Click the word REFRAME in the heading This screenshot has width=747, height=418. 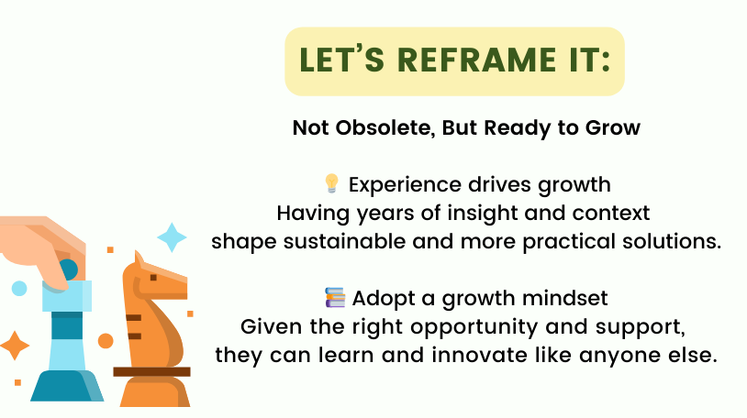tap(476, 60)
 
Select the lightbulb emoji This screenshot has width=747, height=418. tap(331, 183)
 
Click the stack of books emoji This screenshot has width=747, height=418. tap(335, 298)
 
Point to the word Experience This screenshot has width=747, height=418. tap(405, 185)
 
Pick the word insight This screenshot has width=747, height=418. tap(482, 213)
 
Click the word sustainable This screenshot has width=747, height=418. tap(344, 241)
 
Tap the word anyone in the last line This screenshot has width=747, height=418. tap(612, 356)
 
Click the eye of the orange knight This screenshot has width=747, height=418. tap(153, 277)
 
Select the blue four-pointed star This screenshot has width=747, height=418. tap(172, 237)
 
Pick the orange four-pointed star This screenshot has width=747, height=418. tap(15, 346)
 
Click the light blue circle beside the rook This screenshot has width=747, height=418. tap(19, 289)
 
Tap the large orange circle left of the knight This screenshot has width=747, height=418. tap(106, 341)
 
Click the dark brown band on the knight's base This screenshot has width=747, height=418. tap(151, 372)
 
